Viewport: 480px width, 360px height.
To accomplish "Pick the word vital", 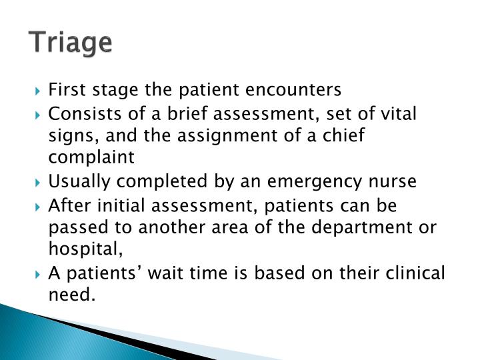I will tap(399, 113).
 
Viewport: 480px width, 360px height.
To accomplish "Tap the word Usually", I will tap(75, 181).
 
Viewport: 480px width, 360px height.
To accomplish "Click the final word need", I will tap(70, 295).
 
